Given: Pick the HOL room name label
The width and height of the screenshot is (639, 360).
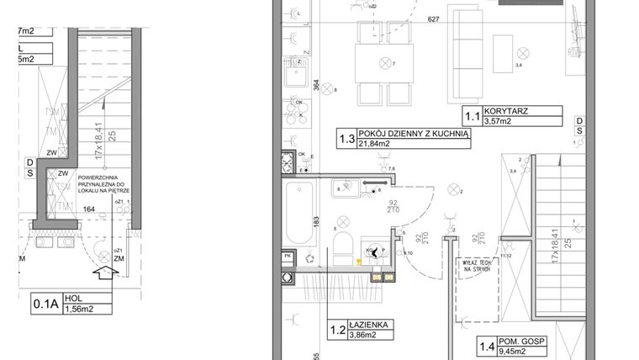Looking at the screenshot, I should point(82,297).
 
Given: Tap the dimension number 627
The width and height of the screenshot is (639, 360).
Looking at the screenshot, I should point(433,19).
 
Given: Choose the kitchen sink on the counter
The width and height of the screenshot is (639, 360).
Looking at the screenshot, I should point(295,78).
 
